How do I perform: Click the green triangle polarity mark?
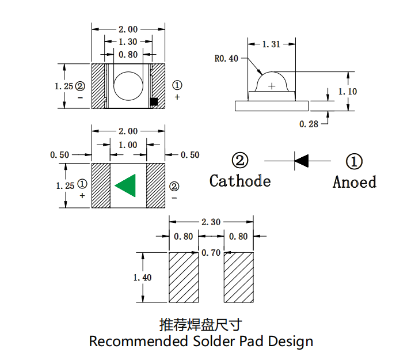tap(127, 185)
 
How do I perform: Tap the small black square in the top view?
tap(154, 101)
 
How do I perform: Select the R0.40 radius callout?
tap(226, 58)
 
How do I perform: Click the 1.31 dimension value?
tap(271, 44)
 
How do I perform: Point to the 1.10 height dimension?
tap(347, 92)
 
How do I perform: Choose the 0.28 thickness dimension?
tap(309, 123)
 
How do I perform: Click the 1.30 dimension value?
tap(128, 41)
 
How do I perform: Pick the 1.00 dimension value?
tap(128, 145)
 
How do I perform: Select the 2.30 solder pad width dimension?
tap(211, 222)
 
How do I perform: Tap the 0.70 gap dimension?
tap(211, 253)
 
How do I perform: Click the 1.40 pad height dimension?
tap(142, 278)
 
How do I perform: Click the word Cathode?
tap(240, 181)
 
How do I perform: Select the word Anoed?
tap(354, 182)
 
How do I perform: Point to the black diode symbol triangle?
tap(302, 160)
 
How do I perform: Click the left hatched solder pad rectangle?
tap(183, 277)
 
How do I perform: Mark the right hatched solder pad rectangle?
tap(238, 277)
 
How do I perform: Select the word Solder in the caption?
tap(214, 341)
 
